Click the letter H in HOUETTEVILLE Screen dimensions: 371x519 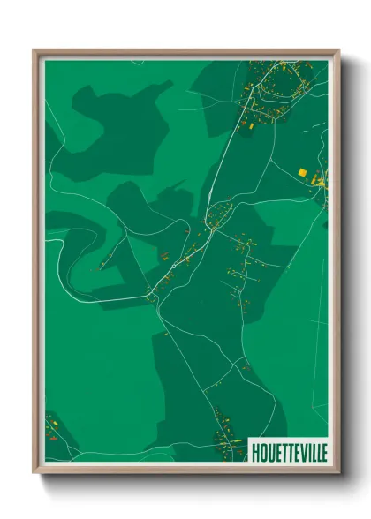click(255, 452)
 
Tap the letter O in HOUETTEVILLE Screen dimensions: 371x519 click(262, 452)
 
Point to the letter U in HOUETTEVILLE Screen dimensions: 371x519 click(269, 452)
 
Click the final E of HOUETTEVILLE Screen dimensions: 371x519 click(323, 452)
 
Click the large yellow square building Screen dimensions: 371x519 click(302, 171)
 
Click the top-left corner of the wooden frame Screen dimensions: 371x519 click(34, 50)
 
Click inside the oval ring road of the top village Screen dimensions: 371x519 click(281, 84)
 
